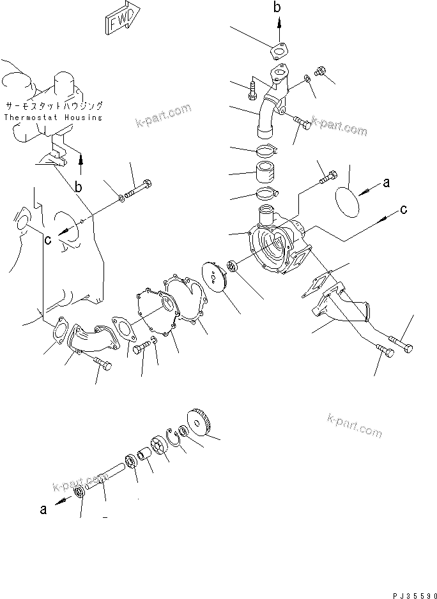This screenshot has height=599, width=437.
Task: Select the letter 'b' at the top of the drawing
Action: point(277,7)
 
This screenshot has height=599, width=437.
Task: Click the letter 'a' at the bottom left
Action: point(43,510)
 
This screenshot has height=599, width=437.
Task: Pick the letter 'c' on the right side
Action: point(403,210)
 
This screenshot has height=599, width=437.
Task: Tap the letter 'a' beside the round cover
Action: point(385,184)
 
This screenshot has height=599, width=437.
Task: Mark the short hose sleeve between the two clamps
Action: point(268,173)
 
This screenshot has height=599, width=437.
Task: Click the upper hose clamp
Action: point(268,152)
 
